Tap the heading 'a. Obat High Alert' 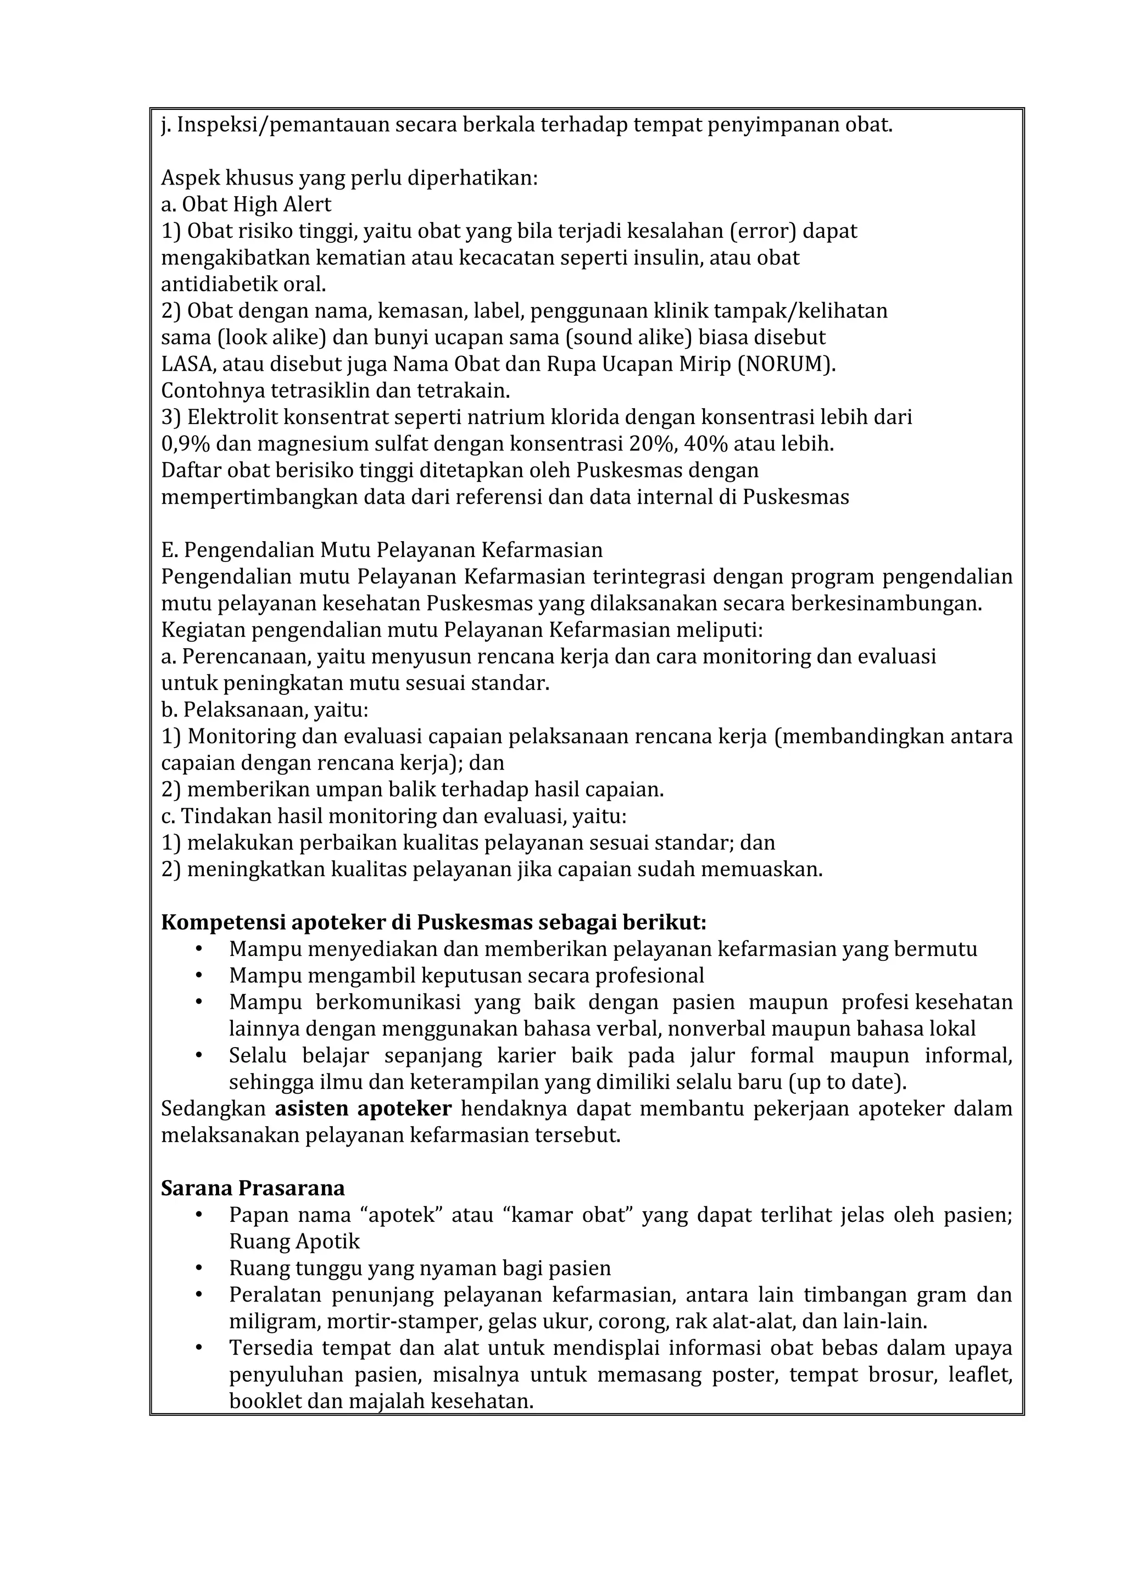click(246, 204)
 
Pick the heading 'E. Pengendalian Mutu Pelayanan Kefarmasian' click(382, 550)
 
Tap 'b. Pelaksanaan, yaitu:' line click(265, 710)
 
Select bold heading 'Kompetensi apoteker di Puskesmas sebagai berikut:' click(433, 923)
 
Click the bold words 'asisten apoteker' click(363, 1109)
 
